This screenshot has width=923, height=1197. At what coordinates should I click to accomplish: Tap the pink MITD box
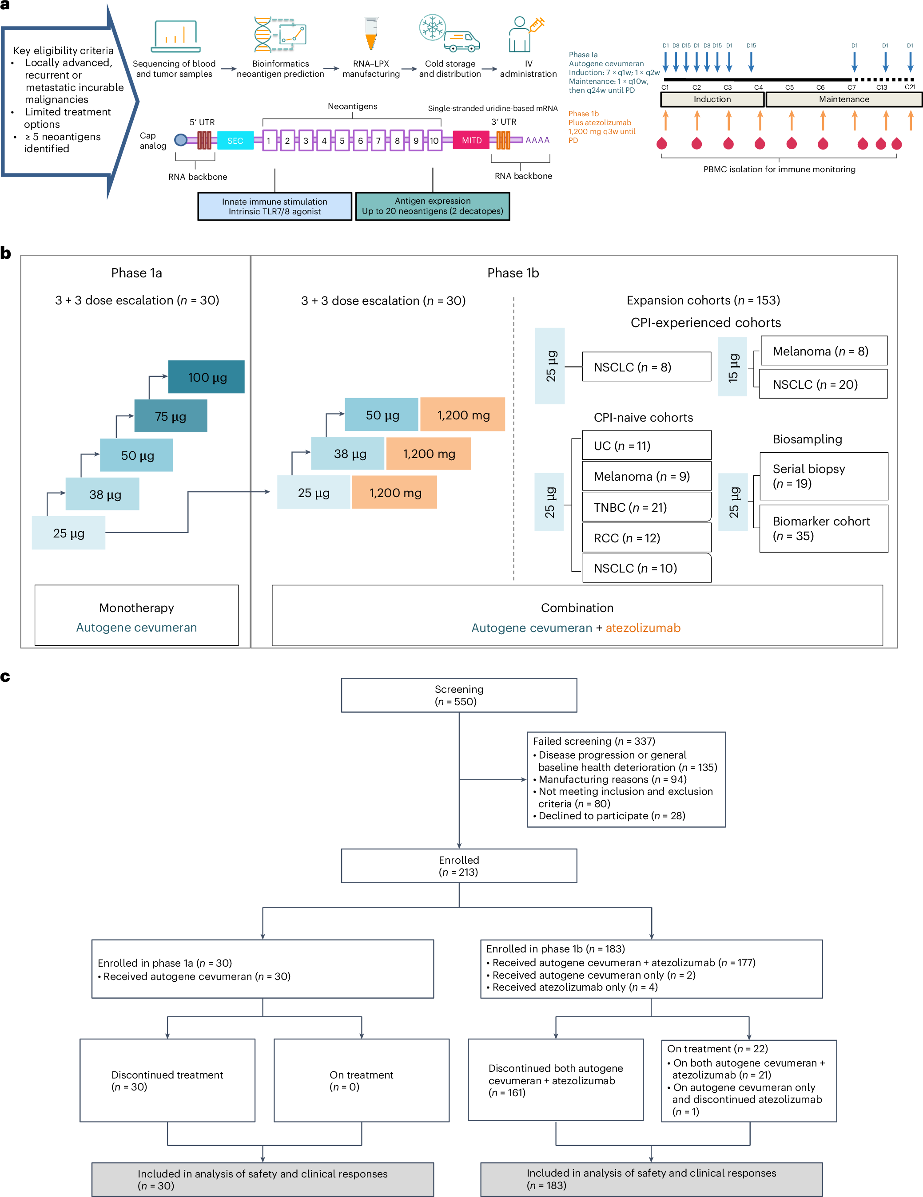click(x=471, y=140)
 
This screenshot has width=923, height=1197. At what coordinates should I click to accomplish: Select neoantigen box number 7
click(x=378, y=140)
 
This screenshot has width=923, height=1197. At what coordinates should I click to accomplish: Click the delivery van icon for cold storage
click(x=462, y=42)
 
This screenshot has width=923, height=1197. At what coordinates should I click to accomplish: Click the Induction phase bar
click(x=712, y=99)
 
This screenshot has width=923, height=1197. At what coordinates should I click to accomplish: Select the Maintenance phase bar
click(x=843, y=99)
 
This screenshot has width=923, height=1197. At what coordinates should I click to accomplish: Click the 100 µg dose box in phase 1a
click(x=206, y=377)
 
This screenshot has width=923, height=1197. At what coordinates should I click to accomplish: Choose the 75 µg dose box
click(x=171, y=416)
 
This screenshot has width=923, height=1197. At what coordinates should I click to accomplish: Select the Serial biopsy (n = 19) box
click(x=823, y=476)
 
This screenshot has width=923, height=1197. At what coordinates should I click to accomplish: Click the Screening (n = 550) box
click(x=458, y=695)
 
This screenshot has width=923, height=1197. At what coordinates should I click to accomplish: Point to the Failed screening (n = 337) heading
click(x=593, y=741)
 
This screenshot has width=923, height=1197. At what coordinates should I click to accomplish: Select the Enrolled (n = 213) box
click(x=458, y=865)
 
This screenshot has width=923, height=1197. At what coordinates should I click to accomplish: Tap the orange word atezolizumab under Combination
click(x=643, y=628)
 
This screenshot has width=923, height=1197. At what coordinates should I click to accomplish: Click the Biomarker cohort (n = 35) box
click(x=823, y=528)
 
